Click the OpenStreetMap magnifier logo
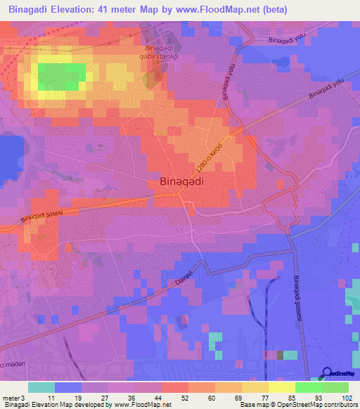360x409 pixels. coord(328,373)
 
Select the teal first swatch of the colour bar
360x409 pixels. coord(41,387)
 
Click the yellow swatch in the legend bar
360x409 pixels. coord(282,387)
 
